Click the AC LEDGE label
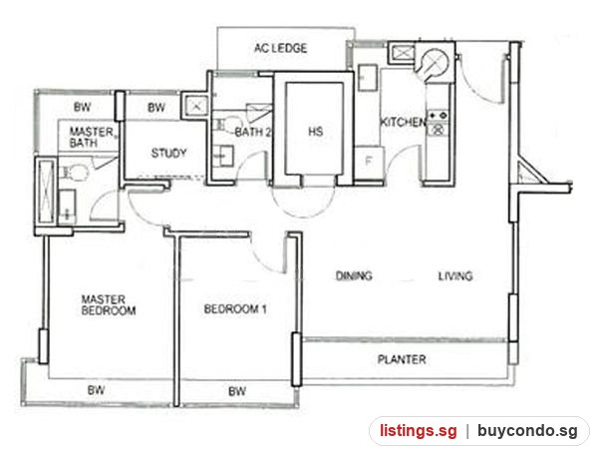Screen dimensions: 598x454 click(x=280, y=48)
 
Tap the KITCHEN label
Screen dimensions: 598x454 click(x=403, y=122)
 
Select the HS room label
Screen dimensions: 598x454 click(x=316, y=132)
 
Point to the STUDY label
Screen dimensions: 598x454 click(x=169, y=153)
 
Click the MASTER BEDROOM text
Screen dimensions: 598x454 click(x=109, y=304)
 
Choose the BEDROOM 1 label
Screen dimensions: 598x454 click(x=235, y=309)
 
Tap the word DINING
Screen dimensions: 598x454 click(x=354, y=275)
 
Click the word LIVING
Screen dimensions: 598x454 click(x=455, y=275)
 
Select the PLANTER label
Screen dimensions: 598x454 click(x=402, y=359)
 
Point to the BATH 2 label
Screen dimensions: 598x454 click(x=253, y=132)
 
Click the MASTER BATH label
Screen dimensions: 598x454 click(x=92, y=138)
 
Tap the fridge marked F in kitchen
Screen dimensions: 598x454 click(x=369, y=162)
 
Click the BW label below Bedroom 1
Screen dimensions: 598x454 click(x=237, y=391)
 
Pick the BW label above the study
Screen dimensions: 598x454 click(x=156, y=108)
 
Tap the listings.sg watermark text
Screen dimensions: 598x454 click(x=419, y=431)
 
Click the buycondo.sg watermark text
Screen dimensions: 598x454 click(x=528, y=431)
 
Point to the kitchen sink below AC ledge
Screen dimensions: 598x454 click(x=368, y=78)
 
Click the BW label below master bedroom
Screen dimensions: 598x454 click(x=96, y=390)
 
